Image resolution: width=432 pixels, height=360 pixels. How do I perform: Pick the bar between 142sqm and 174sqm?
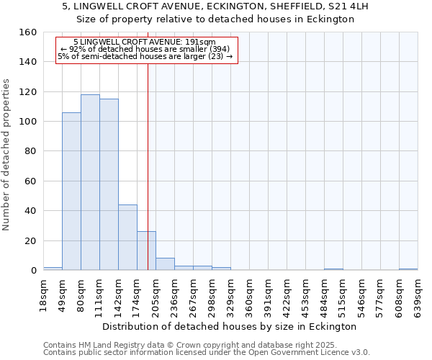click(x=127, y=238)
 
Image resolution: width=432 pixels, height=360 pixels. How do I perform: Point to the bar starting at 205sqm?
click(x=165, y=264)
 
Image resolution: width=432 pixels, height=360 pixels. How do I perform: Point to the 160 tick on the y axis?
click(x=28, y=32)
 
